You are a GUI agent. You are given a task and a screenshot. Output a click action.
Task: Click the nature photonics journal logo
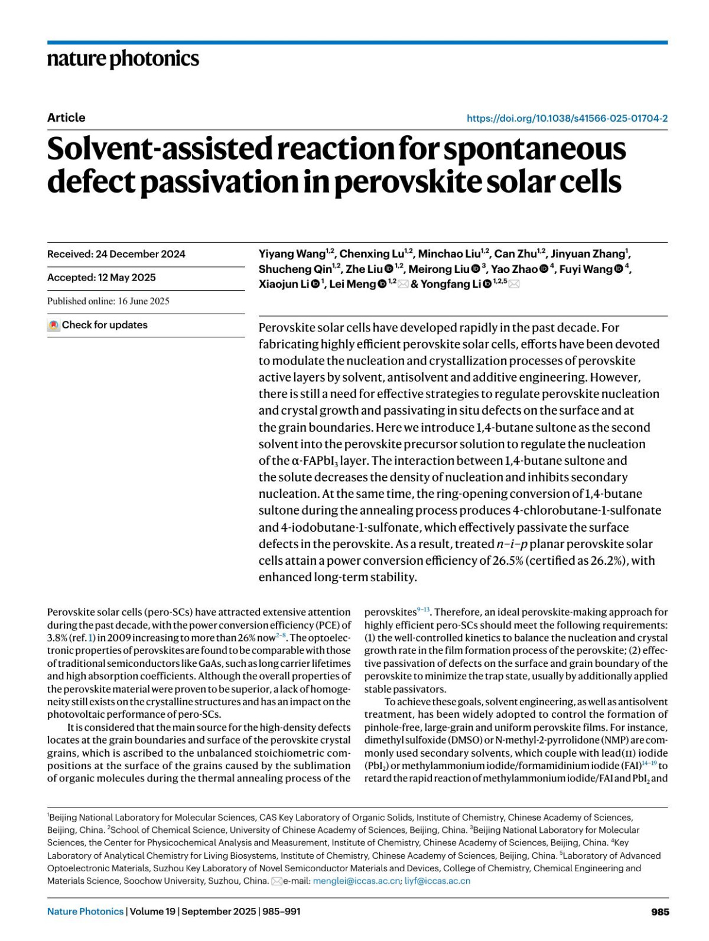tap(123, 59)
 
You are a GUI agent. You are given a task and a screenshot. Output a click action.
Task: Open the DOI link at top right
tap(567, 118)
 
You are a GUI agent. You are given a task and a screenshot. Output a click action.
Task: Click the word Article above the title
tap(66, 118)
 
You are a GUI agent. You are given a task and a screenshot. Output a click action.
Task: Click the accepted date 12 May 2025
tap(127, 278)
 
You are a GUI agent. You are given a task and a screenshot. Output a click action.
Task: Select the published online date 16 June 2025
tap(144, 301)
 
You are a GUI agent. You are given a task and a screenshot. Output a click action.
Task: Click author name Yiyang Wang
tap(292, 254)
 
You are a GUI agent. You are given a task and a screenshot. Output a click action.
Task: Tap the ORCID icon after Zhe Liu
tap(389, 269)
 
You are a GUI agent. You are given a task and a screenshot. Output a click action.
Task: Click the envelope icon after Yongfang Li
tap(514, 284)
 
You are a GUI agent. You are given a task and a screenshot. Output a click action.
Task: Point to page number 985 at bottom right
tap(660, 911)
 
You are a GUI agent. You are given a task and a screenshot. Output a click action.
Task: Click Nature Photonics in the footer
tap(86, 911)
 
